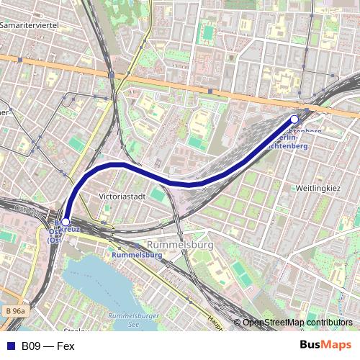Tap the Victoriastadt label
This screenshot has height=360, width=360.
[122, 195]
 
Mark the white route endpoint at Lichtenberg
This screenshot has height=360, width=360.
[294, 119]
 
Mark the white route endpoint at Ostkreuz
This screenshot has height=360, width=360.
[66, 222]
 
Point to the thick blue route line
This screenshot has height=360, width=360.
[191, 184]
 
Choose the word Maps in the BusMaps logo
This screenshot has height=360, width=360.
[337, 345]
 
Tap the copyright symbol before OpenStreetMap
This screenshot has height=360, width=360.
[238, 323]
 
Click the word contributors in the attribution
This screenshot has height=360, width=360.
[328, 323]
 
